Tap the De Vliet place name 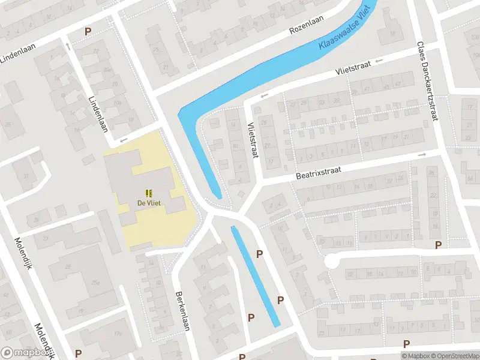click(148, 203)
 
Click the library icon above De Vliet click(148, 193)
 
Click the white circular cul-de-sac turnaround click(332, 262)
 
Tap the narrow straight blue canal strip click(255, 276)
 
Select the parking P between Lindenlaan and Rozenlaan click(88, 32)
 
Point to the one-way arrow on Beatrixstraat click(422, 155)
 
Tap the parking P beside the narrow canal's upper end click(260, 254)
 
